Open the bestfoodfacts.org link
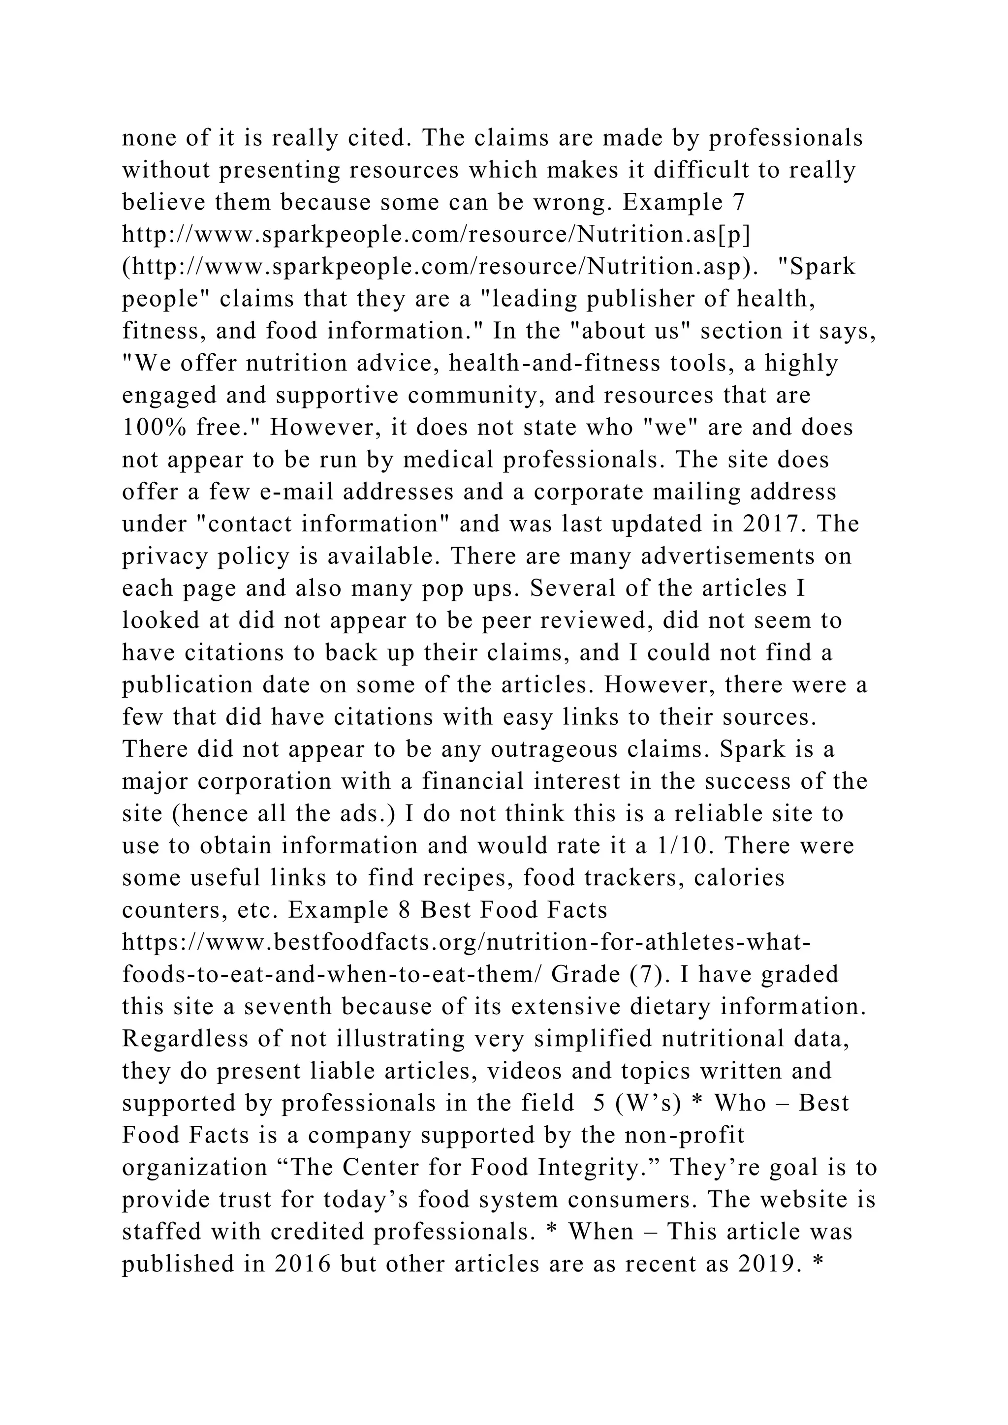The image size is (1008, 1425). [x=466, y=942]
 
